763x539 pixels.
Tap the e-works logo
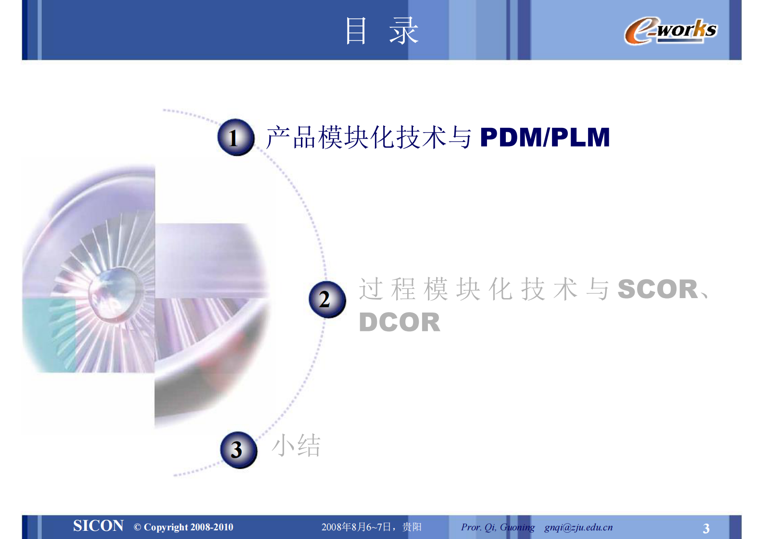coord(670,31)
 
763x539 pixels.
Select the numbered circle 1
coord(235,138)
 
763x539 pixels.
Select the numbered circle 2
coord(326,299)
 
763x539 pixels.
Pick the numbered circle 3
coord(238,450)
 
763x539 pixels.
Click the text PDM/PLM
coord(545,138)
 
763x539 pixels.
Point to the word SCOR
coord(658,289)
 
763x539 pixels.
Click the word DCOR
coord(399,322)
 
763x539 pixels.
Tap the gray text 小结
coord(296,445)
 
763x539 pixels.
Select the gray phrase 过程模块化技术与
coord(483,289)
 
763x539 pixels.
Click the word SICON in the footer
coord(98,526)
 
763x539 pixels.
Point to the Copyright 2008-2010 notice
coord(184,527)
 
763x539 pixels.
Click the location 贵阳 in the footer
coord(412,527)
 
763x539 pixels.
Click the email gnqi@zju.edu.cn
coord(578,527)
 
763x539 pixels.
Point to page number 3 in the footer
coord(706,528)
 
